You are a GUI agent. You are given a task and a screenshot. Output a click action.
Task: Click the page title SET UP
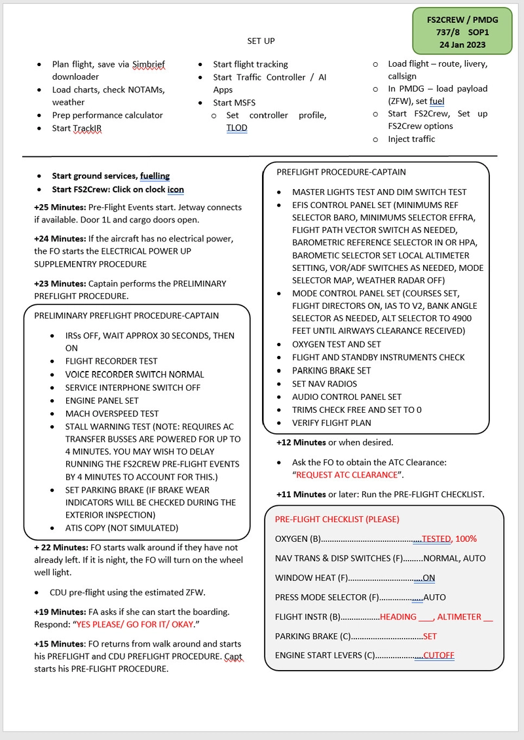(261, 41)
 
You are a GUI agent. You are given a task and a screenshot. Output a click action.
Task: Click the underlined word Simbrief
(148, 64)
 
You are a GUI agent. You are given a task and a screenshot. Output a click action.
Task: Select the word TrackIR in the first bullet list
(88, 128)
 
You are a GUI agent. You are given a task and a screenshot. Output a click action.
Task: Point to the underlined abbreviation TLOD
(236, 128)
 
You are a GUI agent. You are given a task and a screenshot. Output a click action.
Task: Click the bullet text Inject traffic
(411, 139)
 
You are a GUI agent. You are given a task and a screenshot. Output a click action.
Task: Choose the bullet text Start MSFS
(234, 103)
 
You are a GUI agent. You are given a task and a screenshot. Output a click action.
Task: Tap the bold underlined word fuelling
(155, 176)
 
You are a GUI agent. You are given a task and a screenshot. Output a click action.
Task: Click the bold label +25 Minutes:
(60, 207)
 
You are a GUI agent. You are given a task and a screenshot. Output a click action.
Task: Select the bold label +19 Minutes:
(60, 612)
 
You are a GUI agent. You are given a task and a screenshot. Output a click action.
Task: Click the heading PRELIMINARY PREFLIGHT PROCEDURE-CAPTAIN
(126, 315)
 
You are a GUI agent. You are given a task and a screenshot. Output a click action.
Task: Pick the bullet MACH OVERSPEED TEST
(111, 414)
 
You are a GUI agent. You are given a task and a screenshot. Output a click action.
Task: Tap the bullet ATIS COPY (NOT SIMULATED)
(121, 528)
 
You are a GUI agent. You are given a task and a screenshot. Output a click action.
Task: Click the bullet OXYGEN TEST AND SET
(336, 344)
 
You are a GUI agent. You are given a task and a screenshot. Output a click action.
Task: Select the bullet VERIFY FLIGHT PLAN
(331, 423)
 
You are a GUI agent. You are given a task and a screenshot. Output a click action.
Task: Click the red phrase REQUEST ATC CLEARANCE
(346, 475)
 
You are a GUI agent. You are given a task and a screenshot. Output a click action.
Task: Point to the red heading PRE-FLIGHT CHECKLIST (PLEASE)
(337, 520)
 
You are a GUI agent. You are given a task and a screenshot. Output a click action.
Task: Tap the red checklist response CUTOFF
(438, 656)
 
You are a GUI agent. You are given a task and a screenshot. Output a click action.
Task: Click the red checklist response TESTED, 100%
(449, 539)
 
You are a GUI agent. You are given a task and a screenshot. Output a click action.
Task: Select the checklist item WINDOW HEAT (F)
(311, 578)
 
